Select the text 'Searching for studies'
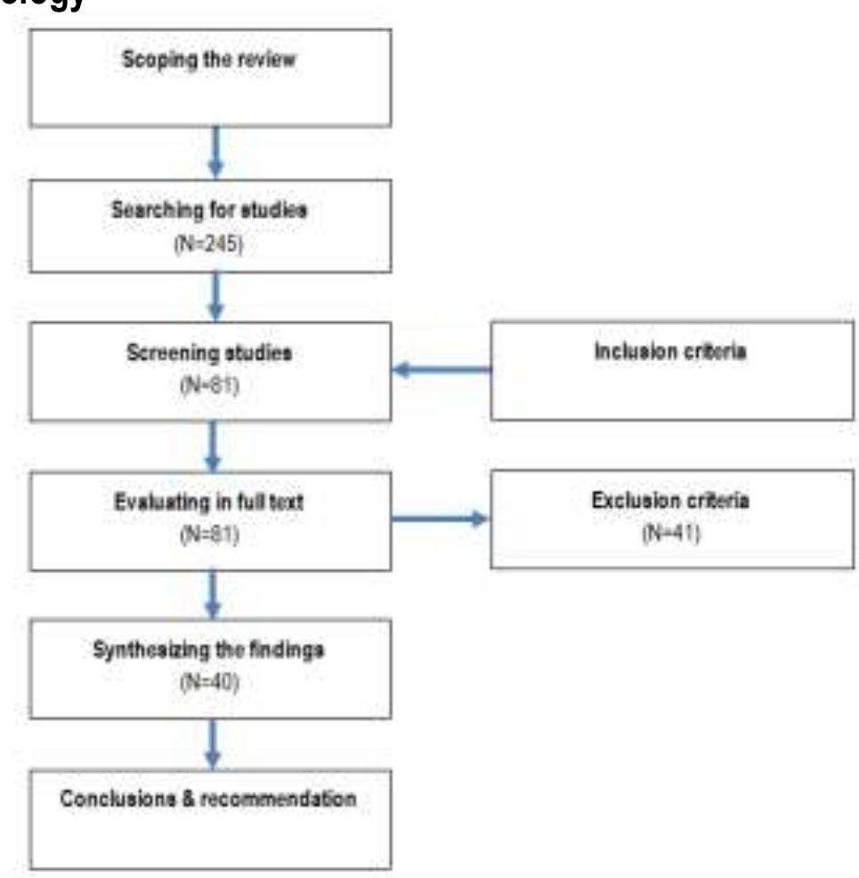point(209,212)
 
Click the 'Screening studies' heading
point(210,352)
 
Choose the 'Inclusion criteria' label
point(670,350)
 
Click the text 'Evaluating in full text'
point(210,502)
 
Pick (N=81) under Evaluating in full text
point(211,536)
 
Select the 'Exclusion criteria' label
point(670,501)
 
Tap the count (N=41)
point(670,536)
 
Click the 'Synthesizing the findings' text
point(210,649)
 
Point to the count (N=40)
point(211,685)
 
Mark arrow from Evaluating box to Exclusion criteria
point(441,518)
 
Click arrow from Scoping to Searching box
point(214,151)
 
